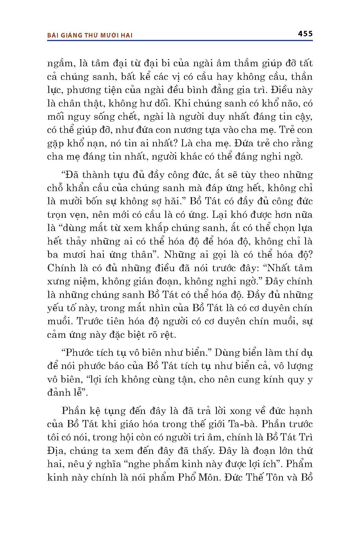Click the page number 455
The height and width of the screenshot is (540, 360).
pos(305,34)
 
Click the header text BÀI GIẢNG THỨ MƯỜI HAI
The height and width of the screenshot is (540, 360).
pos(90,35)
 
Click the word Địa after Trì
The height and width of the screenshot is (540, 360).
pos(56,451)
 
